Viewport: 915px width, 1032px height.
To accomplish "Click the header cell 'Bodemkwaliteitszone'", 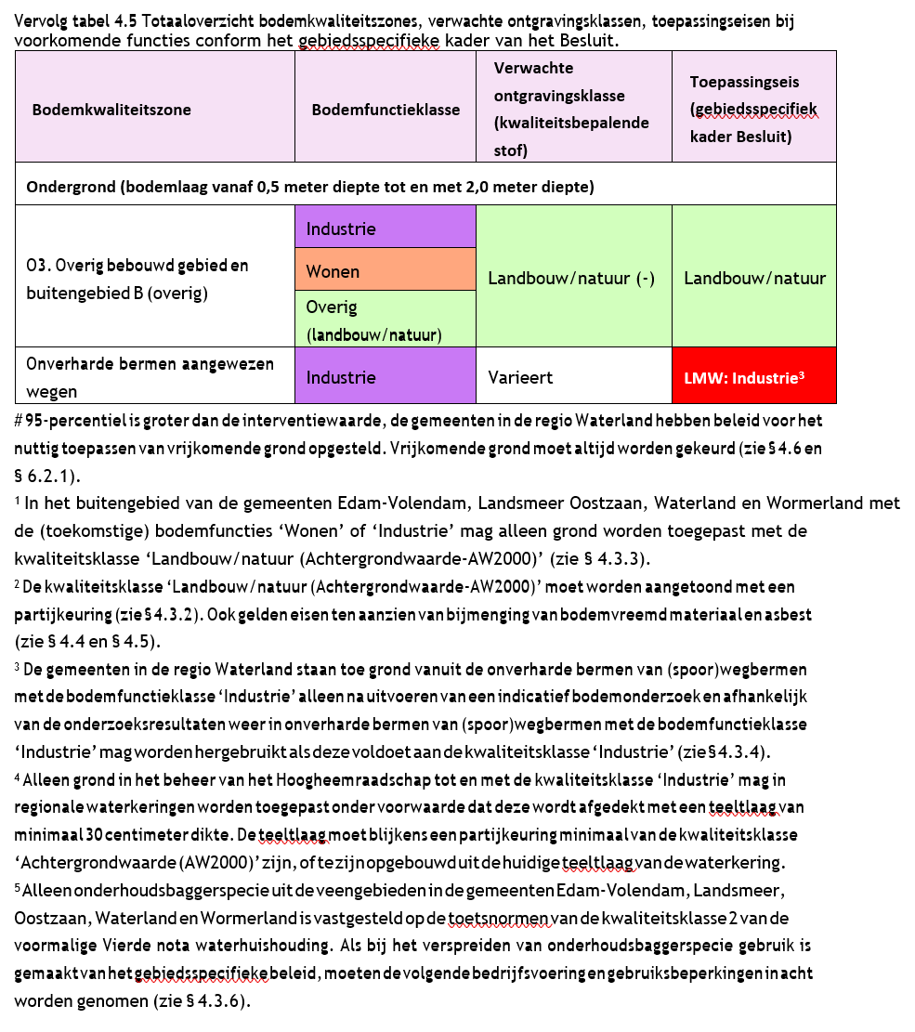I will click(111, 110).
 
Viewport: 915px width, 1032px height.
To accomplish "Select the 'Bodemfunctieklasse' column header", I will click(386, 110).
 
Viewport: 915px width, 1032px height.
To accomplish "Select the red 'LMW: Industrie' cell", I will click(752, 378).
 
